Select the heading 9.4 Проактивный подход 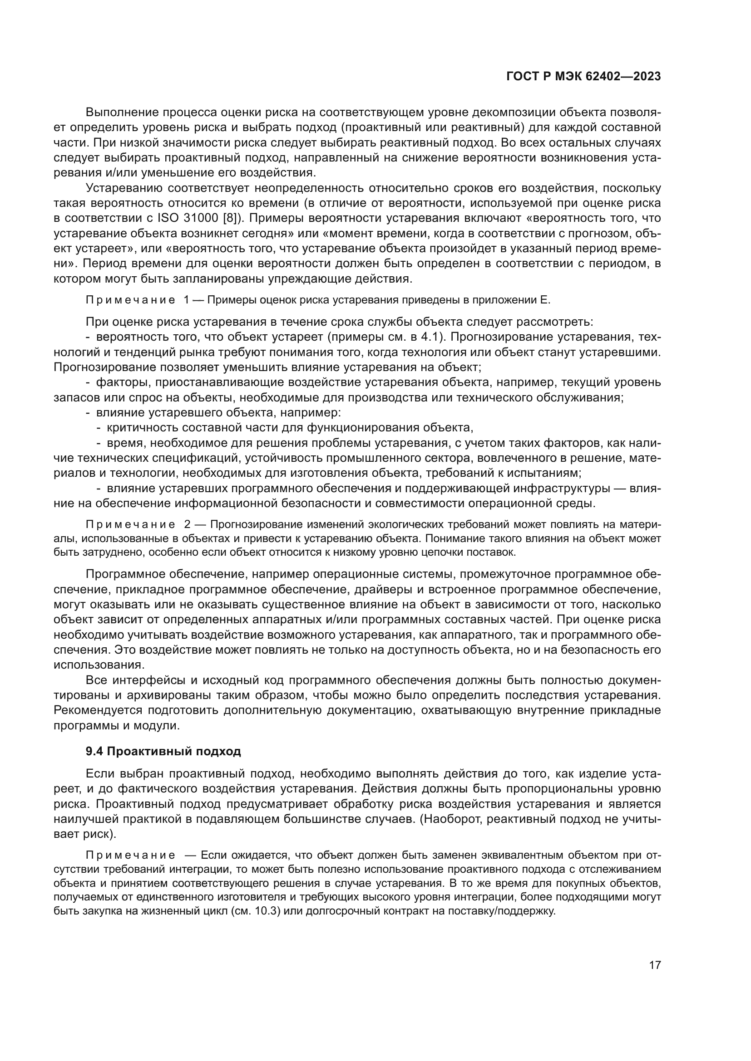pyautogui.click(x=163, y=751)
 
